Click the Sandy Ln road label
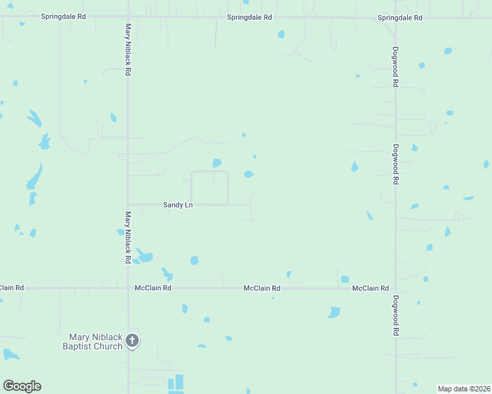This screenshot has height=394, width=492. (x=178, y=205)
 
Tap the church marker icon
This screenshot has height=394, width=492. (x=132, y=340)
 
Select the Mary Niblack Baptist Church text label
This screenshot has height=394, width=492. (x=93, y=341)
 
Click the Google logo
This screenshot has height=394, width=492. (x=22, y=386)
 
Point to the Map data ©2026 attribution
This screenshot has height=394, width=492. (x=464, y=388)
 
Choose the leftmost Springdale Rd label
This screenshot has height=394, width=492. (x=63, y=17)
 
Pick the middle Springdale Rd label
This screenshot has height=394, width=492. (x=249, y=17)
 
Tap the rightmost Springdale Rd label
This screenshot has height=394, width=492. (x=400, y=18)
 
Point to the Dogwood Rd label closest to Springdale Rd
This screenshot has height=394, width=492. (x=396, y=66)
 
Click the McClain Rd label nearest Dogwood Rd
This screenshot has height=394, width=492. (x=370, y=288)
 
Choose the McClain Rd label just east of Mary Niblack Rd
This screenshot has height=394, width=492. (x=153, y=288)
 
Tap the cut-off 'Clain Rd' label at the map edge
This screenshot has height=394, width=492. (x=12, y=288)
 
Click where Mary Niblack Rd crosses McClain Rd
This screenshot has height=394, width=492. (x=128, y=288)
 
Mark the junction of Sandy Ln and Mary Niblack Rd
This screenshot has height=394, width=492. (x=128, y=204)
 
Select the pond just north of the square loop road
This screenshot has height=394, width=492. (x=216, y=163)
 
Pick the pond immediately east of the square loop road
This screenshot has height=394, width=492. (x=249, y=174)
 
